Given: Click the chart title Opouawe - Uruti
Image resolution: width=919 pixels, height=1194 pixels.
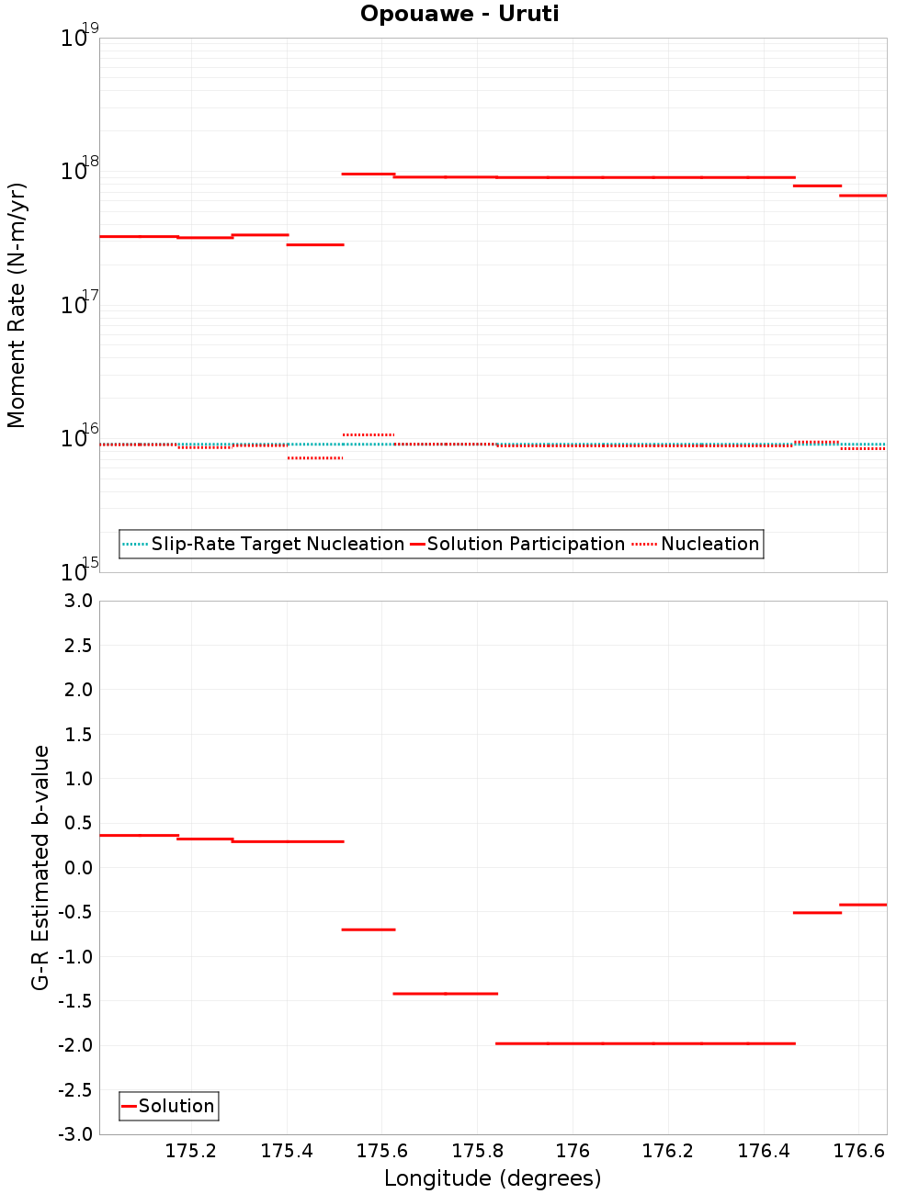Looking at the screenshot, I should point(459,14).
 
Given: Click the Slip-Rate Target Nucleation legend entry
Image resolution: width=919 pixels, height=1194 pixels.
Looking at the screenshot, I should point(277,544).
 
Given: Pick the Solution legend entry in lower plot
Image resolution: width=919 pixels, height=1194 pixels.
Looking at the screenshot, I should point(176,1106).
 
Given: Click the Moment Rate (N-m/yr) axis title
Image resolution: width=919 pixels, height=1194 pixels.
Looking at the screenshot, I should point(17,305).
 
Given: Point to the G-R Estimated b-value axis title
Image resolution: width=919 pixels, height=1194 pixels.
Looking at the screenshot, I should point(40,867).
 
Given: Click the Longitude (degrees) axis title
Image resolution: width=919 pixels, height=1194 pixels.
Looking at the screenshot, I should point(493,1178).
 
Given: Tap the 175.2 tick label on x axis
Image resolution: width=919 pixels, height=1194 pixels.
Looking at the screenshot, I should point(191,1151).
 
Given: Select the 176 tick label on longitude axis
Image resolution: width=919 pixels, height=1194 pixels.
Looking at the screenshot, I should point(573,1151).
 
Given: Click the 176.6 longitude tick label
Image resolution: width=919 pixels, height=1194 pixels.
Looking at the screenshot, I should point(859,1151).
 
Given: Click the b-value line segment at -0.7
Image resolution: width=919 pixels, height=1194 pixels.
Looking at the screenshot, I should point(368,929).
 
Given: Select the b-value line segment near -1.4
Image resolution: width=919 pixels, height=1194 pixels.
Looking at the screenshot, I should point(445,993).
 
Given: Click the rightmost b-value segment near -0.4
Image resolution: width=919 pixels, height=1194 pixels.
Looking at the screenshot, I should point(863,905).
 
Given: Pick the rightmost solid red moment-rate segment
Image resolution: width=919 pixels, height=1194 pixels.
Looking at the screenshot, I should point(863,195).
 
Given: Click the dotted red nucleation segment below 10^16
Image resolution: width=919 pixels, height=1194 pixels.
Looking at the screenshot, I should point(314,457).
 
